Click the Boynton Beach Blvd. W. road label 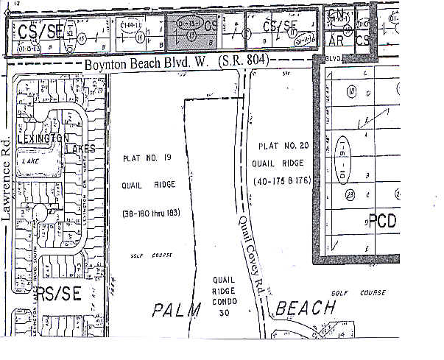pos(147,65)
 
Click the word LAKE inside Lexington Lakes pos(30,159)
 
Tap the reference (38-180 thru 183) pos(149,213)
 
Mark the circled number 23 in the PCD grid pos(350,194)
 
